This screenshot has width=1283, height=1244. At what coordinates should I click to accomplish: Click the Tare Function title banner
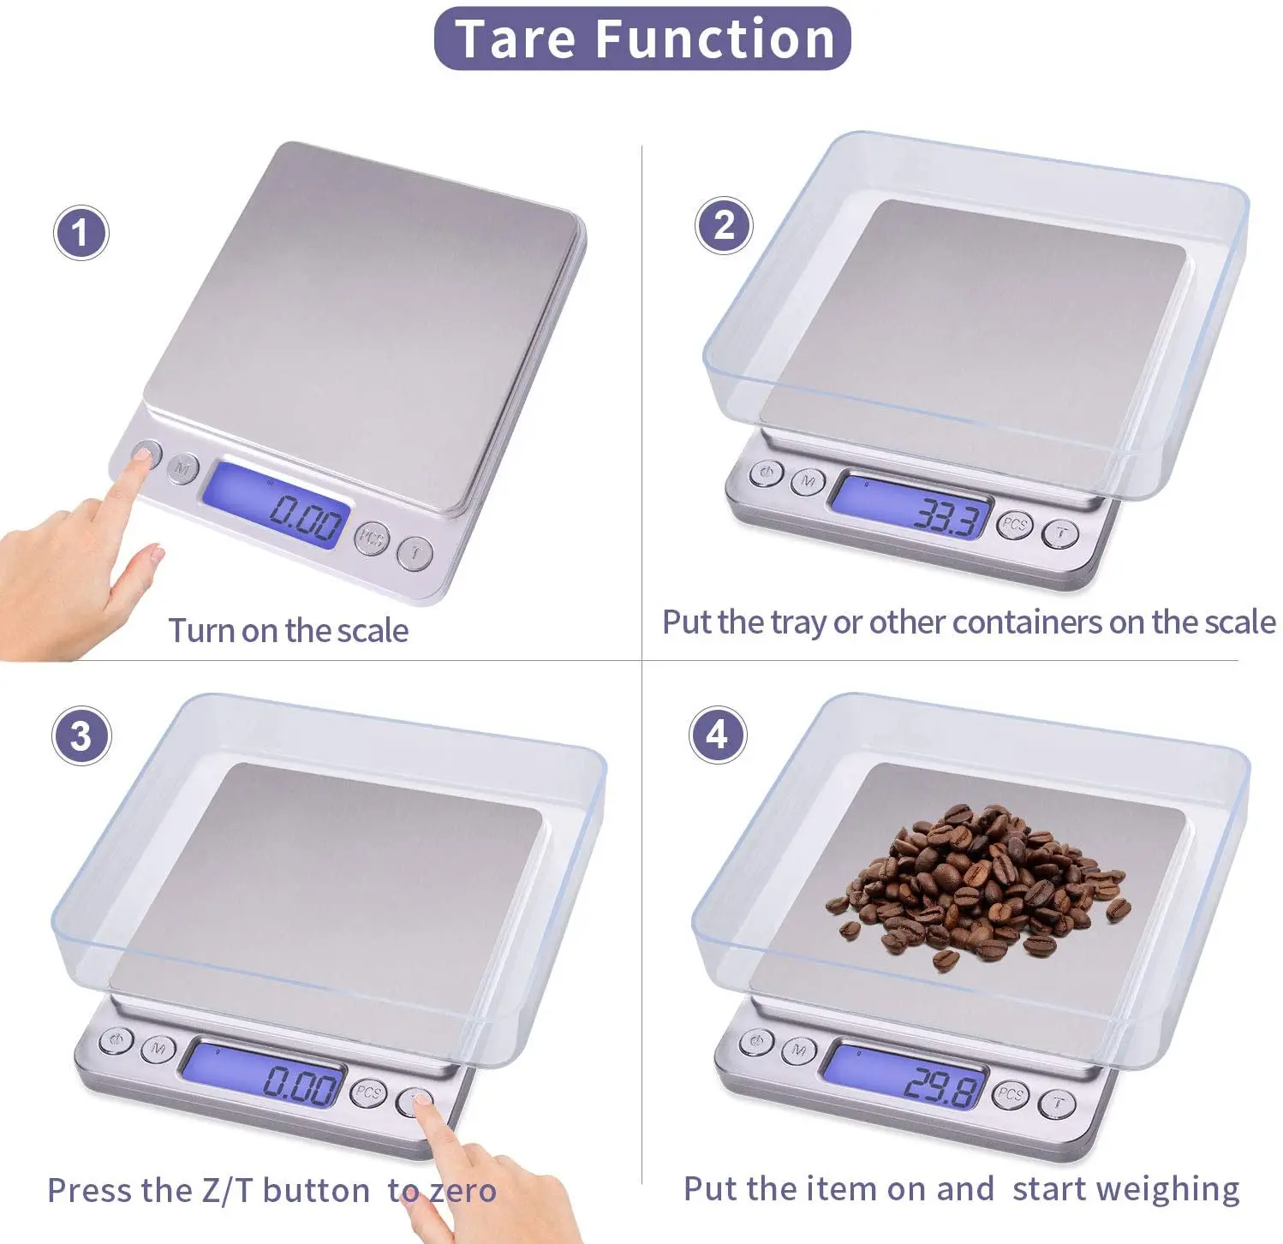[642, 39]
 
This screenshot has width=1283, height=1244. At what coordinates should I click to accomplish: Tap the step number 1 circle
[81, 233]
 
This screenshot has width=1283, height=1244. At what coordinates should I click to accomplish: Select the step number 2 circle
[724, 225]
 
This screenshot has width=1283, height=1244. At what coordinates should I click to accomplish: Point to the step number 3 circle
[81, 736]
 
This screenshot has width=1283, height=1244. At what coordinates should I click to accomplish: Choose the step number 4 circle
[718, 735]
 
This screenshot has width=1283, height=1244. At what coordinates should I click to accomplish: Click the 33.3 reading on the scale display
[946, 516]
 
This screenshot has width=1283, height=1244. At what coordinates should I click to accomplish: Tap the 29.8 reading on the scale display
[942, 1086]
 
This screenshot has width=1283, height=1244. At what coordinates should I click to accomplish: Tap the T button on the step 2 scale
[1061, 533]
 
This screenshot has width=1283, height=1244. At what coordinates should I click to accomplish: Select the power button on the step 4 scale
[756, 1041]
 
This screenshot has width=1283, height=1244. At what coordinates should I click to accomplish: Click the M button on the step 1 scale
[182, 467]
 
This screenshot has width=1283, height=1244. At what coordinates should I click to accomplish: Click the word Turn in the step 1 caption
[201, 631]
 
